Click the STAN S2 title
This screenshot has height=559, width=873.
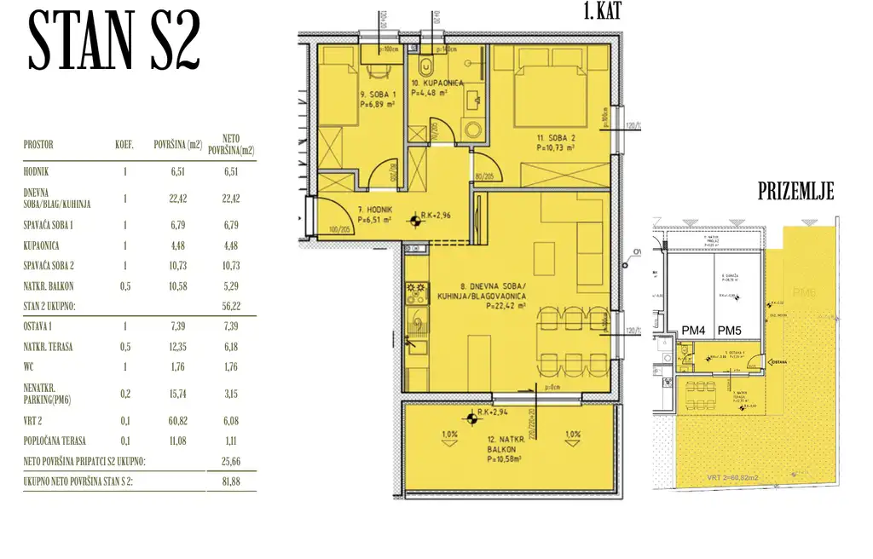click(x=114, y=42)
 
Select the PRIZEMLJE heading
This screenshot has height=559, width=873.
click(x=795, y=192)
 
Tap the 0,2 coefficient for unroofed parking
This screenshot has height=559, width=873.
click(x=124, y=393)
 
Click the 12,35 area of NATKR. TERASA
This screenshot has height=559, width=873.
click(x=171, y=345)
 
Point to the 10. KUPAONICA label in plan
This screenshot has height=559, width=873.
click(x=436, y=84)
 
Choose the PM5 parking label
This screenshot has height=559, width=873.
click(x=730, y=331)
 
